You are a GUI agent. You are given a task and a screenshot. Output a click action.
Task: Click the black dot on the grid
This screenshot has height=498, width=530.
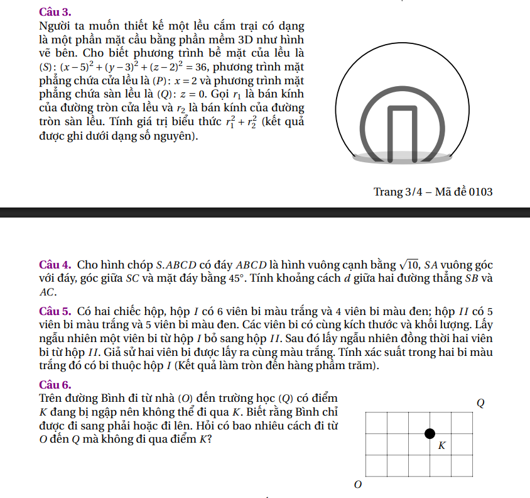[430, 433]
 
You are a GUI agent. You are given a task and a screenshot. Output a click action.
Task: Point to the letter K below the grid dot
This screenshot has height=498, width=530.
[441, 446]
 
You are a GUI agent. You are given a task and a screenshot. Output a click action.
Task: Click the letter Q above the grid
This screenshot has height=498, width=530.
[481, 402]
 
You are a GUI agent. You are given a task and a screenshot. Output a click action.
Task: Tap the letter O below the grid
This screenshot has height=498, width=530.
[358, 485]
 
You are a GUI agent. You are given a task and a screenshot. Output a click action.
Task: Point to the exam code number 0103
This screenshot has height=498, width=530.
[480, 192]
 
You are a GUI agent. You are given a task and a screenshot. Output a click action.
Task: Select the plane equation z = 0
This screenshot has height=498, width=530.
[190, 95]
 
